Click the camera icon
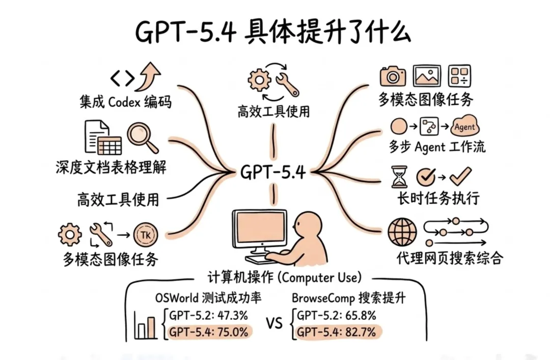(x=393, y=76)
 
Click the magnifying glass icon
(x=143, y=136)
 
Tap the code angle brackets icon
(x=123, y=77)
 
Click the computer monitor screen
(x=259, y=228)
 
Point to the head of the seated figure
(x=307, y=224)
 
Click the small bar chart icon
(x=146, y=325)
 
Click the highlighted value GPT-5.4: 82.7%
(x=336, y=333)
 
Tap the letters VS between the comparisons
(x=274, y=324)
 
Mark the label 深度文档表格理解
(x=111, y=168)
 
